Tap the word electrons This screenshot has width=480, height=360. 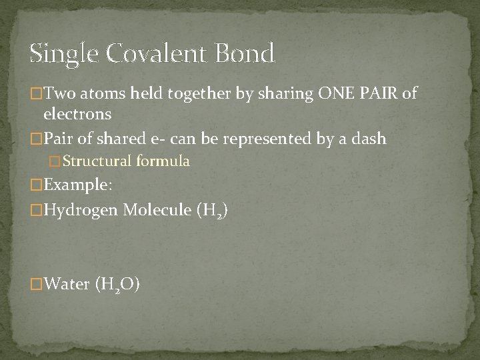(x=77, y=114)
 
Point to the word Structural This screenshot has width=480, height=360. (x=98, y=161)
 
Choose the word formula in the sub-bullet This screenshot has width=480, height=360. (x=163, y=161)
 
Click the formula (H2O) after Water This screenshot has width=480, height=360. (x=117, y=286)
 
